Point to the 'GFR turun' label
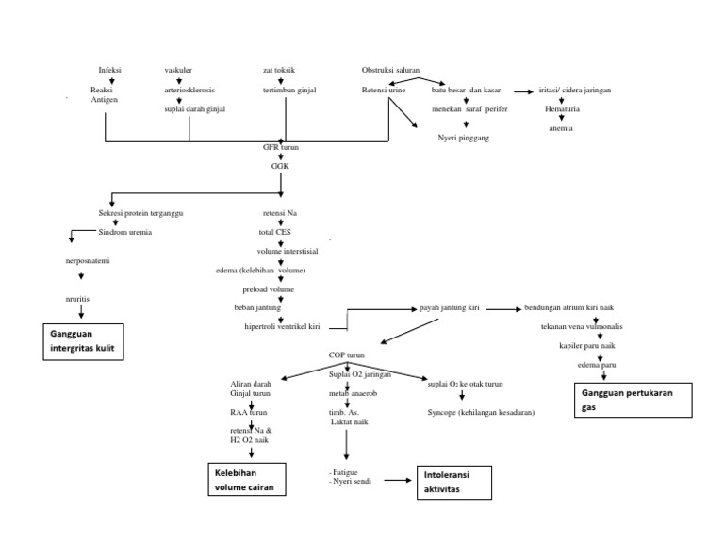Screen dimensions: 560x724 point(280,148)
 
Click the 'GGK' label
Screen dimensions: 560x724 point(281,165)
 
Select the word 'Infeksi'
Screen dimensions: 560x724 point(110,71)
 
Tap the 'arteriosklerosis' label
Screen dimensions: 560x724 point(189,91)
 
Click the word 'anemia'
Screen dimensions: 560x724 point(561,129)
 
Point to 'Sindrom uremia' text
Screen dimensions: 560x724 point(125,232)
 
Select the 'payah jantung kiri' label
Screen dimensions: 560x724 point(450,308)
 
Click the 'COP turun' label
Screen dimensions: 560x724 point(346,355)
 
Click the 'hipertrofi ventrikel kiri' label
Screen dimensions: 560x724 point(282,326)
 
